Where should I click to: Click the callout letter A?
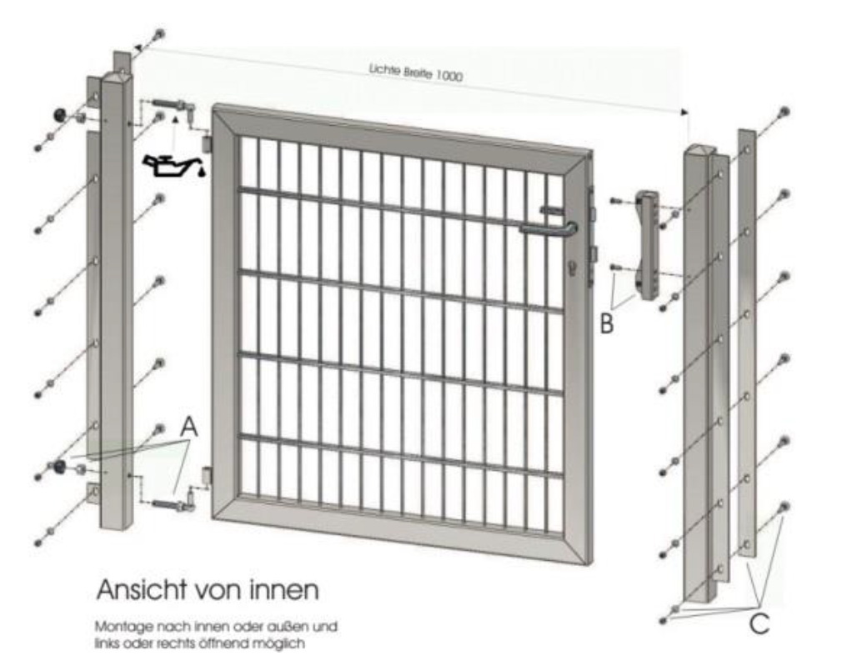pos(188,426)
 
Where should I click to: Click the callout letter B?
pos(607,323)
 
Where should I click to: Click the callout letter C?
pos(759,623)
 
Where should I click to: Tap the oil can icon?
pos(173,164)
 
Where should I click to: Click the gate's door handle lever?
pos(549,228)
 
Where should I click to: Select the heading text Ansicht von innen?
pos(207,590)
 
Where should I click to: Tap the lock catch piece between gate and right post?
pos(647,245)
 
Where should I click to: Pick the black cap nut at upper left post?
pos(58,115)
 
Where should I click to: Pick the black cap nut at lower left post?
pos(58,466)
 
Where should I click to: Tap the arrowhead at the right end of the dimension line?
pos(684,112)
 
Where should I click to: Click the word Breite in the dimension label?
pos(417,73)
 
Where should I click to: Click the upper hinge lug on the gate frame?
pos(208,143)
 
